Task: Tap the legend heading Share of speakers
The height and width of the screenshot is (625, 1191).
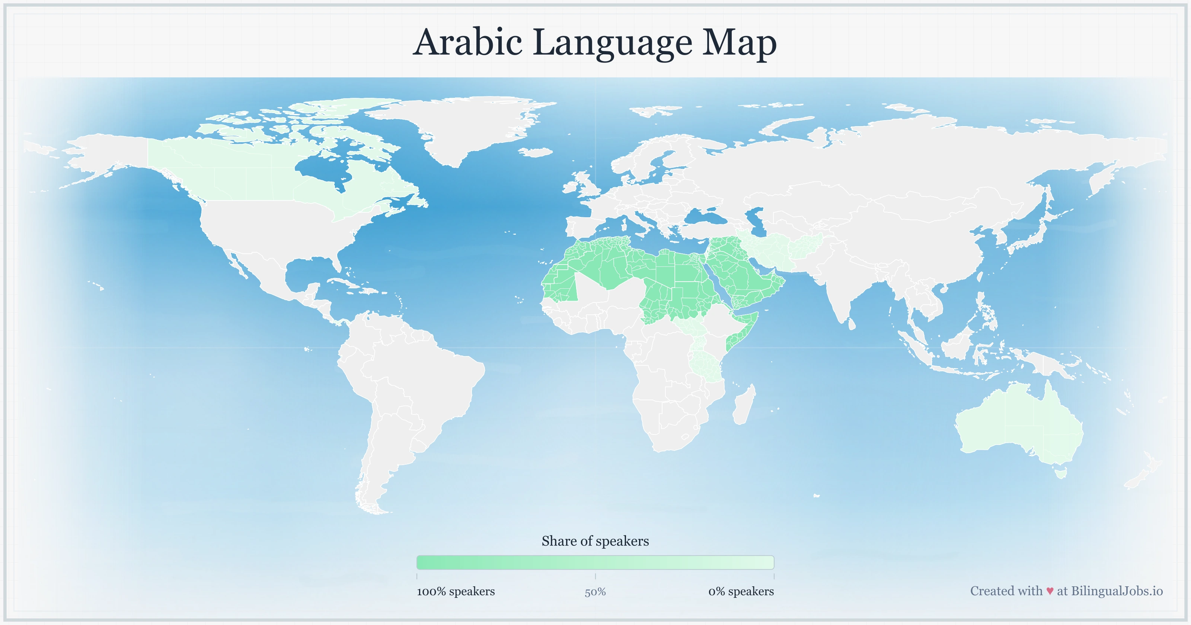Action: [595, 541]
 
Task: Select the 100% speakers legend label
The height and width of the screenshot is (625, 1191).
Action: [456, 591]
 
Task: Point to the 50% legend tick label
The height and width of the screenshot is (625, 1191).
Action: [595, 592]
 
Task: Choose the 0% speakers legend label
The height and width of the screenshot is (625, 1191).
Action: [741, 591]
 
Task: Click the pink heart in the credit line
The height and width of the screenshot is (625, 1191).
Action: [1050, 591]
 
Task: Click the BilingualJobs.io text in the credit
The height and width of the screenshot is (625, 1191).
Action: [1116, 591]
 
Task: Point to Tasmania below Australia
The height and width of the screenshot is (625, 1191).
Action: [1061, 472]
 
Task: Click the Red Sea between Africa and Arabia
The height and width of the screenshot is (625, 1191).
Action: [719, 286]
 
